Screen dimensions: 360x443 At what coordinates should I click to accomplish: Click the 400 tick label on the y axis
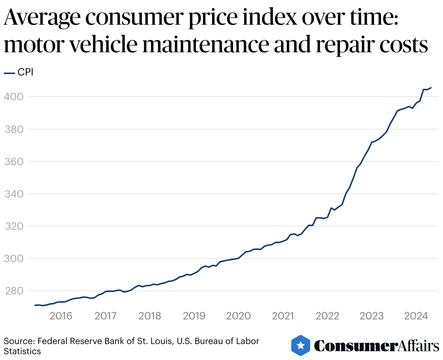[13, 97]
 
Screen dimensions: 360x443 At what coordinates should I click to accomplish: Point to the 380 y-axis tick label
[13, 129]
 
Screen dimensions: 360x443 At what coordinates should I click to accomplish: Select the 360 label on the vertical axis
[13, 161]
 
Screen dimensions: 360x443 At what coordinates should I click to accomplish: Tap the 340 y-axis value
[13, 194]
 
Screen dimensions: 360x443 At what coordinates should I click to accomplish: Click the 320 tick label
[13, 226]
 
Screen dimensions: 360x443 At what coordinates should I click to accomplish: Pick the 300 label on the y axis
[13, 259]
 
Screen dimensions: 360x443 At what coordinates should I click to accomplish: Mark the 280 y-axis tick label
[13, 291]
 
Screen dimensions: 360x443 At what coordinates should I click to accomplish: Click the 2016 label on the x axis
[61, 316]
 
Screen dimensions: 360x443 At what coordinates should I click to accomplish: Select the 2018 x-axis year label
[150, 316]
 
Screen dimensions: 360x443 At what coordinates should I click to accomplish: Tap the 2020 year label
[239, 316]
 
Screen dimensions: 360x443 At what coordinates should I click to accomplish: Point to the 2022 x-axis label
[327, 316]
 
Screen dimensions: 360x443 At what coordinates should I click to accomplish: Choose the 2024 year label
[416, 316]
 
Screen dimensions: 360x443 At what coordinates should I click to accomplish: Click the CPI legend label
[25, 73]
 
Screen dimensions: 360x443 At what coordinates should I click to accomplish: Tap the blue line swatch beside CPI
[9, 73]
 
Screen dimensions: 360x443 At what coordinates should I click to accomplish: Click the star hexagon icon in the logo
[301, 345]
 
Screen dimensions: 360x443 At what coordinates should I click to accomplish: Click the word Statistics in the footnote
[23, 351]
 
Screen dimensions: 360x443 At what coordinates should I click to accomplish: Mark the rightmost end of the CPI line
[431, 88]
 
